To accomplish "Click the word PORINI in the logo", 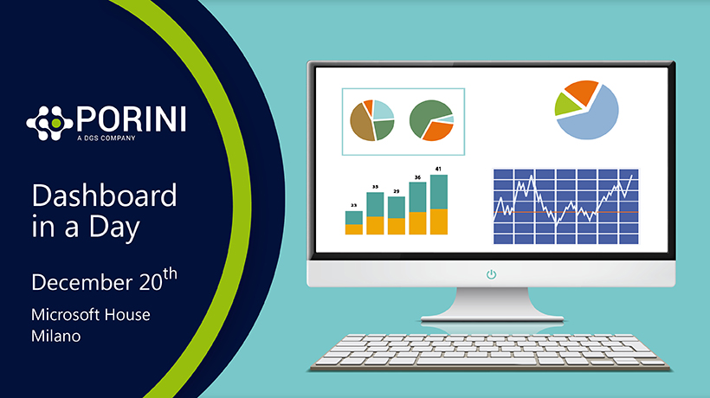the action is tap(132, 119).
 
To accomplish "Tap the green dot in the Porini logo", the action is tap(56, 123).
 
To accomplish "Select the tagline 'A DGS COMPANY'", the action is tap(106, 138).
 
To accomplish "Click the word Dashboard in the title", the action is tap(104, 196).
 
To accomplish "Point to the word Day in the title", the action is tap(114, 228).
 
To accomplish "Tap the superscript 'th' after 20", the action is tap(171, 273).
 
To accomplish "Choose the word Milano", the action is tap(56, 336).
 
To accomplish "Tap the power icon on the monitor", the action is tap(491, 274).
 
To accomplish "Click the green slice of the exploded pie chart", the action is tap(566, 104).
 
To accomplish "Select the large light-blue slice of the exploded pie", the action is tap(592, 115).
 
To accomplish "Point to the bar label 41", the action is tap(438, 170).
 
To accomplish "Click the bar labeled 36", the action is tap(417, 208).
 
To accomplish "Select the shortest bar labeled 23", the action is tap(353, 222).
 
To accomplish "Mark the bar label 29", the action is tap(397, 191).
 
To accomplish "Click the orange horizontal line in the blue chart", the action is tap(566, 212).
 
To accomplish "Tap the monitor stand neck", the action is tap(492, 300).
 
